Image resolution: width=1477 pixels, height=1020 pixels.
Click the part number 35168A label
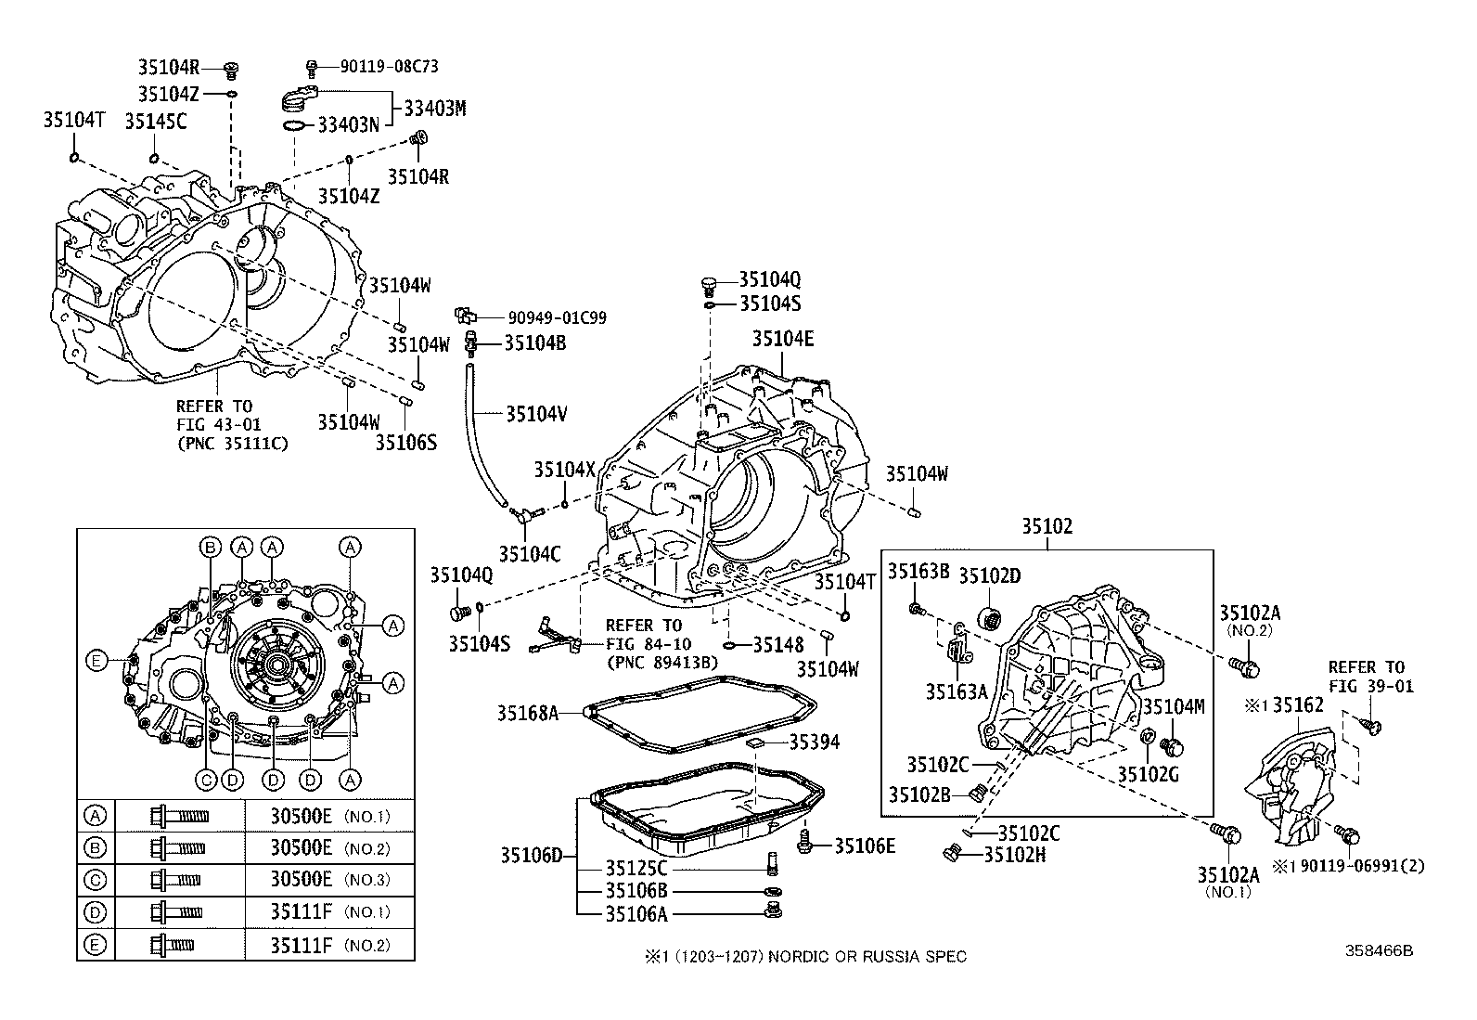click(528, 713)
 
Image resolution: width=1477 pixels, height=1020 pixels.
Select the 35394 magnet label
click(815, 742)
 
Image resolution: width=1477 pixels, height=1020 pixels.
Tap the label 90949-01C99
click(557, 318)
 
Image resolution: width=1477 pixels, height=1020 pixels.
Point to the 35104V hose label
click(536, 414)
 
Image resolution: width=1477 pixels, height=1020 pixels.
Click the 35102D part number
click(989, 576)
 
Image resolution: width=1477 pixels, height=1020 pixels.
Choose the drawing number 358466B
click(1379, 950)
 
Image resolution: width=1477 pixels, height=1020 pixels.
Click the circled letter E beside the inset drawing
click(96, 661)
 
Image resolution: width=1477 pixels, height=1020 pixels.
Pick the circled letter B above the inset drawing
click(211, 548)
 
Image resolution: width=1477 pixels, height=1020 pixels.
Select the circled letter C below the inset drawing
click(206, 781)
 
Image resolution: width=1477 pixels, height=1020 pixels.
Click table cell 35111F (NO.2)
click(329, 946)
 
